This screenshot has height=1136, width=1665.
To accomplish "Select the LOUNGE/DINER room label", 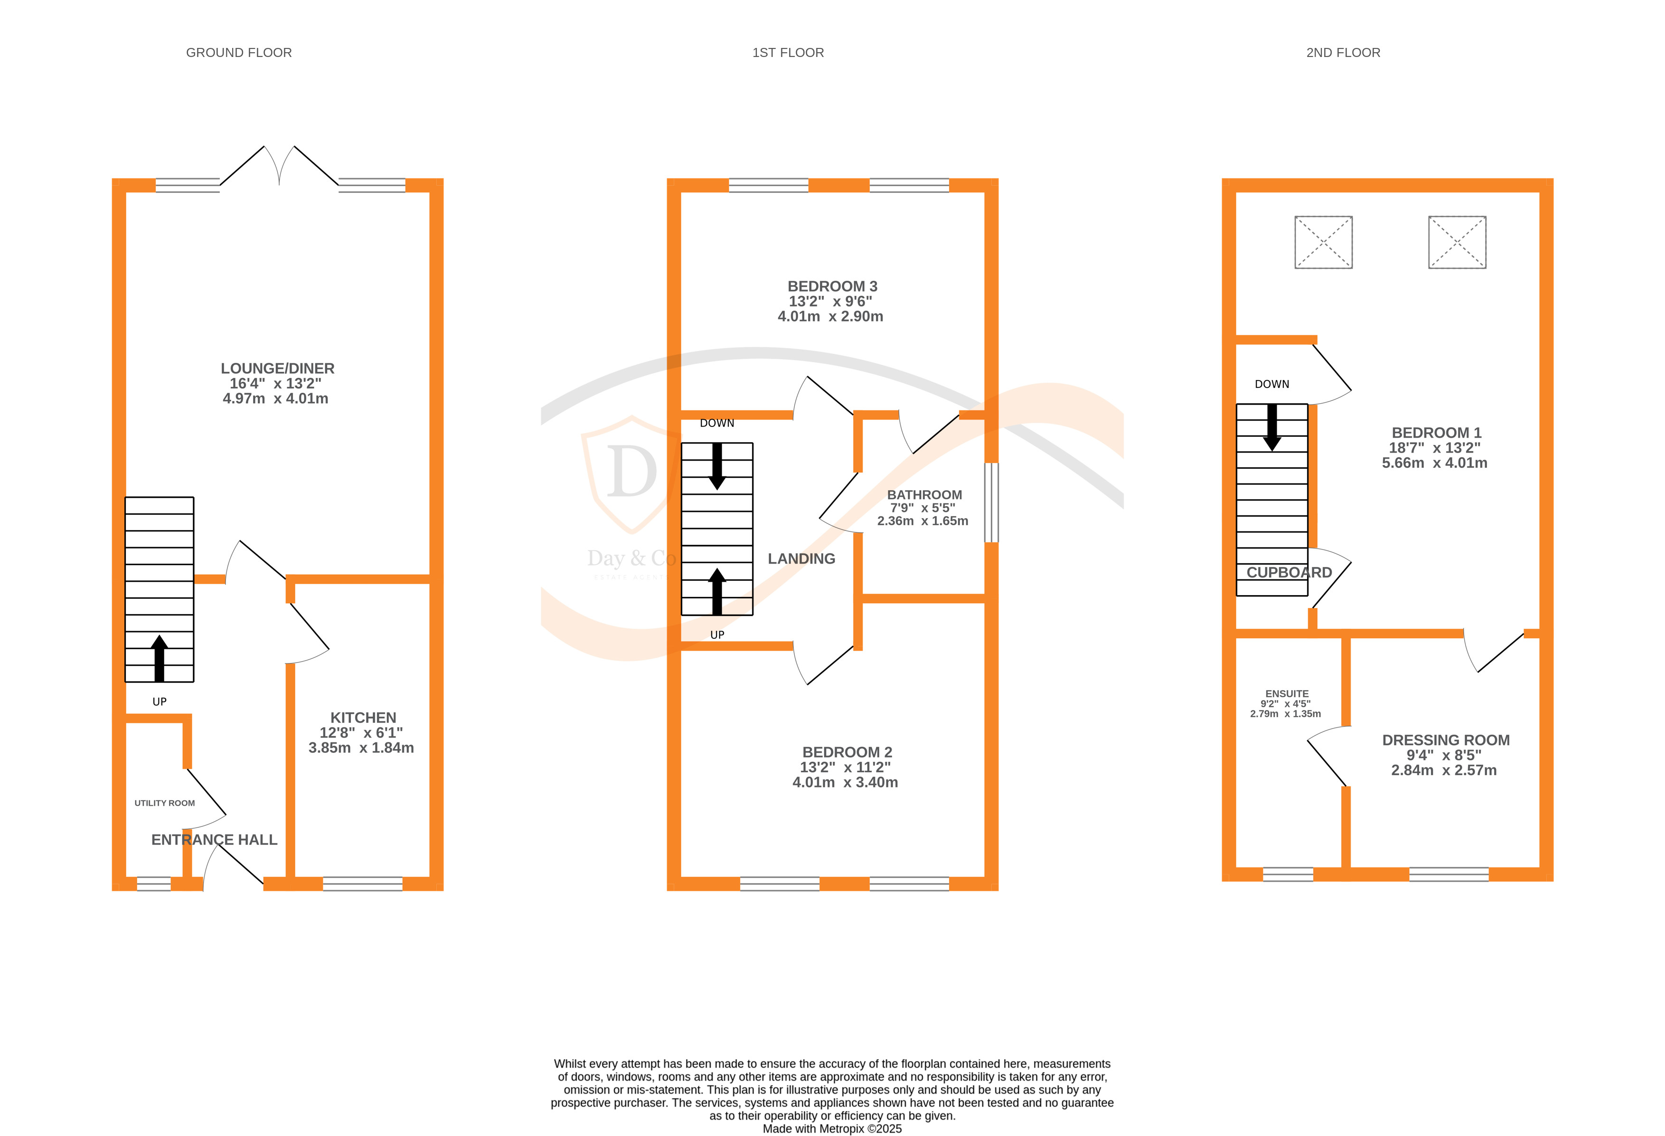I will pyautogui.click(x=277, y=369).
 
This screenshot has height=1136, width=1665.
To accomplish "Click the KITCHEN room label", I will pyautogui.click(x=363, y=718).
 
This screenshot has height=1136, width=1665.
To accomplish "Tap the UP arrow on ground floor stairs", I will pyautogui.click(x=159, y=658).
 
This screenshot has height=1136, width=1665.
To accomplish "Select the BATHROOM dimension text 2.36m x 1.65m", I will pyautogui.click(x=922, y=521).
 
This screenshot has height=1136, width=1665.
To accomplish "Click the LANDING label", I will pyautogui.click(x=801, y=559).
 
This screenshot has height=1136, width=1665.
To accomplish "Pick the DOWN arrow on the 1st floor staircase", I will pyautogui.click(x=716, y=466).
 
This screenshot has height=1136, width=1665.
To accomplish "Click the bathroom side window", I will pyautogui.click(x=991, y=502).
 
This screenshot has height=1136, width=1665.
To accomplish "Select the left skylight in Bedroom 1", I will pyautogui.click(x=1323, y=242).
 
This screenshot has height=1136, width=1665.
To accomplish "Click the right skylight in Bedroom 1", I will pyautogui.click(x=1457, y=242).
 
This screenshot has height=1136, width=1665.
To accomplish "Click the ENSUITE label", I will pyautogui.click(x=1287, y=694).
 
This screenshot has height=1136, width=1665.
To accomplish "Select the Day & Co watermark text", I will pyautogui.click(x=631, y=559).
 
